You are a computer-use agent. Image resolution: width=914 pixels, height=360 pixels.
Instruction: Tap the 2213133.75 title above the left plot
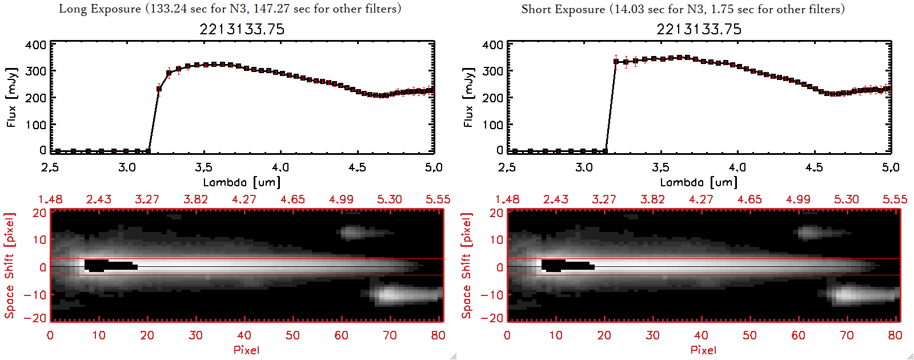click(242, 29)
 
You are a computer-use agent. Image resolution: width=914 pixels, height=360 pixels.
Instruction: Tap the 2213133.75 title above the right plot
click(699, 29)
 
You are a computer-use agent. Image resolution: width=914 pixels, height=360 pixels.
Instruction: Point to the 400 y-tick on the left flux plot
click(35, 45)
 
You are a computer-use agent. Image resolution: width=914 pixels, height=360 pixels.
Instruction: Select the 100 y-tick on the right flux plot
click(492, 125)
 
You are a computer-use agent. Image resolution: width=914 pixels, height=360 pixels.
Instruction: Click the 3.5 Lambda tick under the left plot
click(203, 167)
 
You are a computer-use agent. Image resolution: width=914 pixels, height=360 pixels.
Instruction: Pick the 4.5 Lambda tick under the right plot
click(814, 167)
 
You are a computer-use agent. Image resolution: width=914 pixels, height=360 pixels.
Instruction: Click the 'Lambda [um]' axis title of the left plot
click(242, 182)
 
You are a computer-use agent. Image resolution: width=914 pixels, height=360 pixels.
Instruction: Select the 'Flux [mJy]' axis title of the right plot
click(468, 97)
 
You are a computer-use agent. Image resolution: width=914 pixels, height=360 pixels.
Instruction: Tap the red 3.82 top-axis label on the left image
click(195, 199)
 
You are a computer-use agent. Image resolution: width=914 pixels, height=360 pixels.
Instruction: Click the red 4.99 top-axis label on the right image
click(798, 199)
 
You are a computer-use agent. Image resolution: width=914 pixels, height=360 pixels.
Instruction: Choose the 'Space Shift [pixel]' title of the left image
click(10, 266)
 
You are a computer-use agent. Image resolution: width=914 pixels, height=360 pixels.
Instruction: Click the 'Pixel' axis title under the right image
click(703, 350)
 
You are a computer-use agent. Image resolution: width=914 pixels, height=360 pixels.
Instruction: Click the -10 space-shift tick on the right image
click(492, 295)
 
